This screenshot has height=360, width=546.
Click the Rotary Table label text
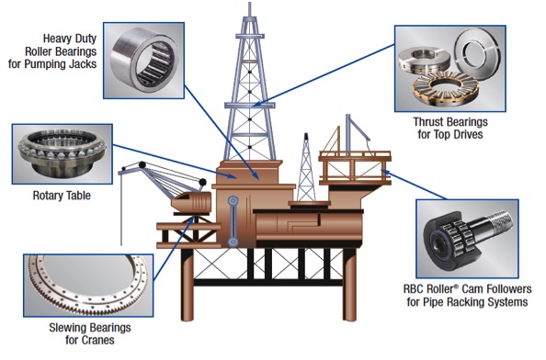tap(62, 196)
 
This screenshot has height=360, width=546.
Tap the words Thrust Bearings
tap(450, 122)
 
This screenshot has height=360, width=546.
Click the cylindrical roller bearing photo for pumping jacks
tap(144, 62)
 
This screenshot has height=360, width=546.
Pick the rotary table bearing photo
tap(62, 152)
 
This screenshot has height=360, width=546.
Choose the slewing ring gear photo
tap(88, 286)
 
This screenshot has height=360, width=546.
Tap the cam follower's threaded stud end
tap(502, 221)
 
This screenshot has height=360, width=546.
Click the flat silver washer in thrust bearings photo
tap(477, 51)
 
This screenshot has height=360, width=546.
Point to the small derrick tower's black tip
tap(306, 136)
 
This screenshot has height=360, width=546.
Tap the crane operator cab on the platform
tap(192, 202)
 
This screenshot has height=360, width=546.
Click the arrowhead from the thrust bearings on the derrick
tap(256, 103)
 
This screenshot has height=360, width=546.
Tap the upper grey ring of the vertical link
tap(233, 201)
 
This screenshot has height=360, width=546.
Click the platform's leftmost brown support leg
tap(187, 285)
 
